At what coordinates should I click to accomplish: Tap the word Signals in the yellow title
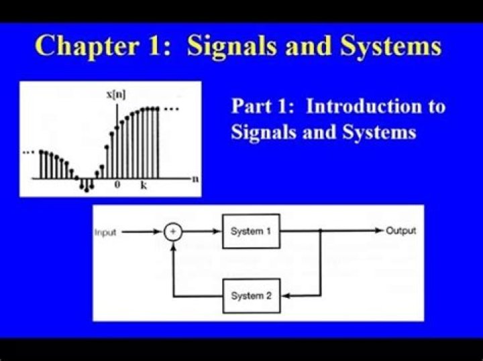[227, 46]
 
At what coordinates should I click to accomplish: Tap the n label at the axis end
[195, 179]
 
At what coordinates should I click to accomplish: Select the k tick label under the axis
[144, 186]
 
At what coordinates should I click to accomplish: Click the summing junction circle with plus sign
[173, 232]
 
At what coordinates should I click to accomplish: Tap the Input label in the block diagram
[105, 232]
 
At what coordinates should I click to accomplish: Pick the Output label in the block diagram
[400, 231]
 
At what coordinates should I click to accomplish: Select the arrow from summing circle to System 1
[202, 232]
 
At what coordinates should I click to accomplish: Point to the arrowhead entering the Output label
[379, 231]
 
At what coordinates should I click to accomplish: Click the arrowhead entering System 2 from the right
[284, 295]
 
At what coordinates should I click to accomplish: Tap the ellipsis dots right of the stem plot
[172, 109]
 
